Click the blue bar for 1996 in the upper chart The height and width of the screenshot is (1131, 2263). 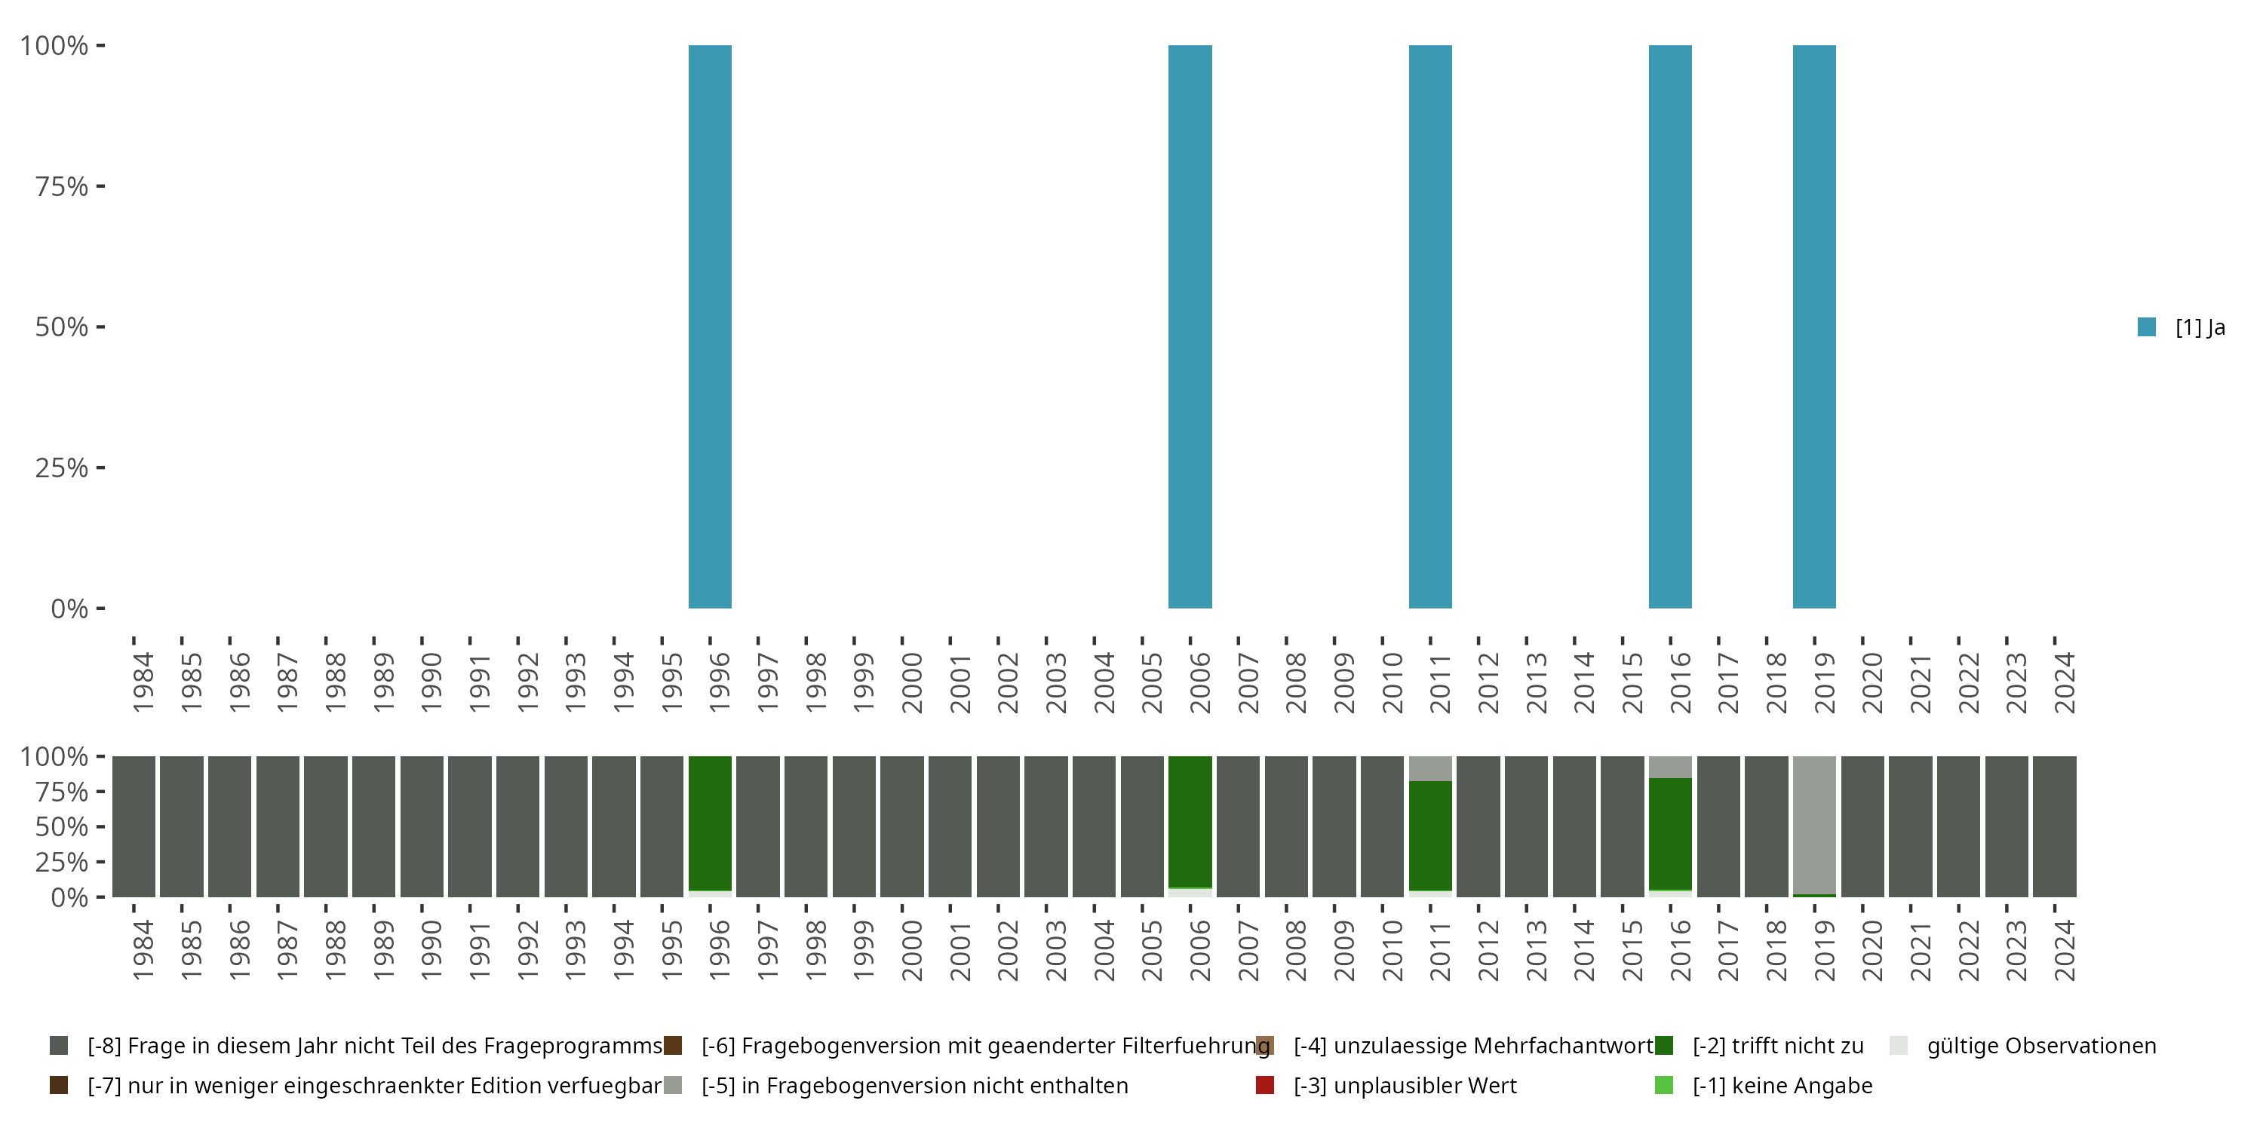point(710,326)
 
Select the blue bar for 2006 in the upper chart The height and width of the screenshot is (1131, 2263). point(1190,326)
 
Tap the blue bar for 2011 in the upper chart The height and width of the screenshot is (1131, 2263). point(1430,326)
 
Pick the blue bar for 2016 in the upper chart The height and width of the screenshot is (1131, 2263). point(1670,326)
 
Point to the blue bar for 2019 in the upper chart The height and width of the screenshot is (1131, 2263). point(1814,326)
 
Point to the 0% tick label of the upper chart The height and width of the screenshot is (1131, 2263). point(69,608)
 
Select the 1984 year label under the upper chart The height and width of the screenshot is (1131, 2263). point(143,682)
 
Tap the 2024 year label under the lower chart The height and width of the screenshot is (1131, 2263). point(2064,950)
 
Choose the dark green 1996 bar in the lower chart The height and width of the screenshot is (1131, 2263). point(710,823)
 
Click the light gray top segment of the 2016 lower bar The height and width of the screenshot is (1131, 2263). point(1670,767)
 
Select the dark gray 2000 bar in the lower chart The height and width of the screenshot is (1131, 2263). point(902,826)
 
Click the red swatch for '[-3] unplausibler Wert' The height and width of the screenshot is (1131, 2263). point(1265,1085)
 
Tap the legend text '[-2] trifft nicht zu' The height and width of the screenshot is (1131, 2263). point(1777,1046)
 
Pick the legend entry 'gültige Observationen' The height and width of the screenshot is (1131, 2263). point(2040,1046)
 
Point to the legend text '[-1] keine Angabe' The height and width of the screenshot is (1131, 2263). point(1782,1085)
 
